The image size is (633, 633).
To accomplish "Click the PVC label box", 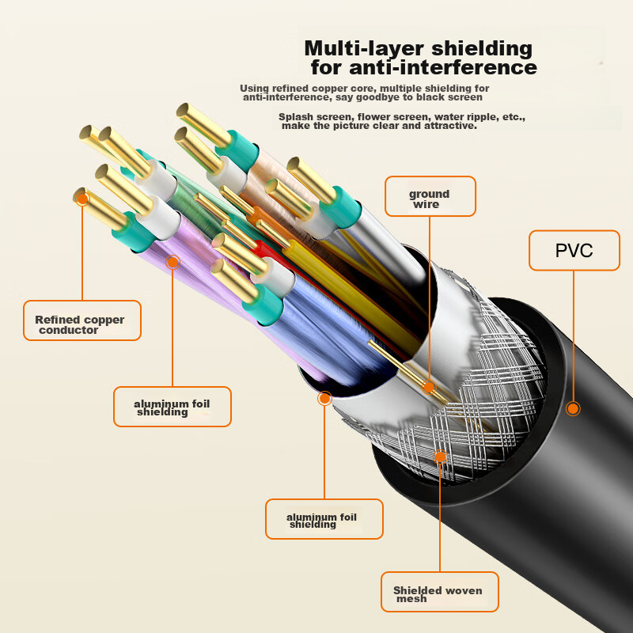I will (x=574, y=252).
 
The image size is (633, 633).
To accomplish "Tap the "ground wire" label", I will (x=430, y=198).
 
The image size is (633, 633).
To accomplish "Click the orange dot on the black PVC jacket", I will (x=573, y=408).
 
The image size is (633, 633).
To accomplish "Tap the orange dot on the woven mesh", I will (x=440, y=457).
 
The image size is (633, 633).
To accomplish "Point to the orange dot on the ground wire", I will (x=429, y=388).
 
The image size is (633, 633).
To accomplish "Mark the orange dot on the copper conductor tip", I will (x=82, y=199).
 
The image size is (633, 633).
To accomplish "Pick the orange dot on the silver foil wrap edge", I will (x=324, y=398).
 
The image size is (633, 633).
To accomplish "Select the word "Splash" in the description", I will (x=296, y=117).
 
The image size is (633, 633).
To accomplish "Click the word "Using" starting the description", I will (x=255, y=88).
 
